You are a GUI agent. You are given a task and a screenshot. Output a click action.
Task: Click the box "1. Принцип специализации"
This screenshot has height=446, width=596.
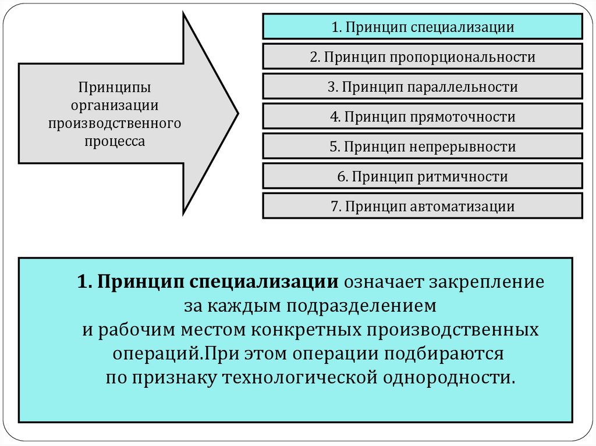click(423, 27)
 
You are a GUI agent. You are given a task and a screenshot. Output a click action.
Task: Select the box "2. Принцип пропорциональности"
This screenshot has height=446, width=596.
click(423, 57)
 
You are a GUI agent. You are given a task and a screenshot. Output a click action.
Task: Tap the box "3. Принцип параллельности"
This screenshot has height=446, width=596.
click(423, 87)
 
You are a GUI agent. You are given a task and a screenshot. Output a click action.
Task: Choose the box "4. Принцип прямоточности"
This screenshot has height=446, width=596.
click(423, 117)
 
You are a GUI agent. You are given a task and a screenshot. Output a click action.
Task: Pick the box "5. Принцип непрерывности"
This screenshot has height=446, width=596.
click(423, 147)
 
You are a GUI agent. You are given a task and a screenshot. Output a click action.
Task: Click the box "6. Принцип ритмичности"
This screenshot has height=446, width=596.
click(423, 177)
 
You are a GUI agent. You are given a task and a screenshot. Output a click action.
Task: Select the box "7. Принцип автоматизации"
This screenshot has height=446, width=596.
click(423, 206)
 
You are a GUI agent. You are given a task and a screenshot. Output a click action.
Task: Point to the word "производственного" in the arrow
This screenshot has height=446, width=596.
click(115, 123)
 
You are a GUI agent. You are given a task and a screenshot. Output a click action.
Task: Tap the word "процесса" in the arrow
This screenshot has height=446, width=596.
click(115, 141)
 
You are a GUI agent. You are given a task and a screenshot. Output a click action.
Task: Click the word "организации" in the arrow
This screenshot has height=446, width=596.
click(115, 105)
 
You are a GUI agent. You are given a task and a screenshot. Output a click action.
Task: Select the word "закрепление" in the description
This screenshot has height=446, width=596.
click(487, 283)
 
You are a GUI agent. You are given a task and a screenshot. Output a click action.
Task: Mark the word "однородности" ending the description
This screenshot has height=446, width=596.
click(448, 377)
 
